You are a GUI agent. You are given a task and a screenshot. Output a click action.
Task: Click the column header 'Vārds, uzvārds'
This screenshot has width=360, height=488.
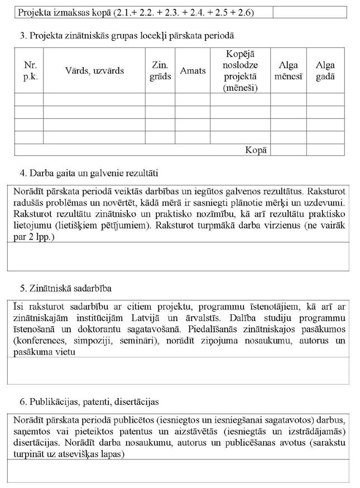pyautogui.click(x=94, y=71)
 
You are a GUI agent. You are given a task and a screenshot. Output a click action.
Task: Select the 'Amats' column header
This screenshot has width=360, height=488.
pyautogui.click(x=193, y=71)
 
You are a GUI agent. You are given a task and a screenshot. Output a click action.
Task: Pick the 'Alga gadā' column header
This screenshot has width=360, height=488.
pyautogui.click(x=325, y=71)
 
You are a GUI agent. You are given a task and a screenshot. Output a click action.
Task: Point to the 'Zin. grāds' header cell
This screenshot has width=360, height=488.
pyautogui.click(x=160, y=71)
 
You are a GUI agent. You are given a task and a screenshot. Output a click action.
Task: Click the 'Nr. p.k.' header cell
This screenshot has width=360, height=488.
pyautogui.click(x=30, y=71)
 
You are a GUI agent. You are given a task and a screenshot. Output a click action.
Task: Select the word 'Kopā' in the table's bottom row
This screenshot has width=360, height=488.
pyautogui.click(x=256, y=150)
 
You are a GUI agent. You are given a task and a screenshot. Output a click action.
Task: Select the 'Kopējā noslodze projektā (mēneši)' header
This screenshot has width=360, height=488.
pyautogui.click(x=239, y=71)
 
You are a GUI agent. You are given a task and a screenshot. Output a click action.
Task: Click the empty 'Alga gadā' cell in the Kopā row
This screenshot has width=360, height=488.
pyautogui.click(x=325, y=150)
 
